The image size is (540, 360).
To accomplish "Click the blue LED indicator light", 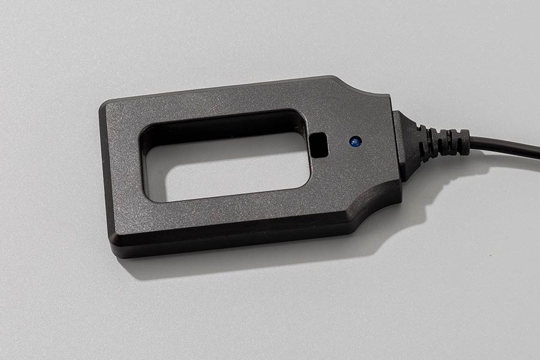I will click(355, 142).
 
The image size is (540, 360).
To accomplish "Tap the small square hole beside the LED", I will click(320, 145).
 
